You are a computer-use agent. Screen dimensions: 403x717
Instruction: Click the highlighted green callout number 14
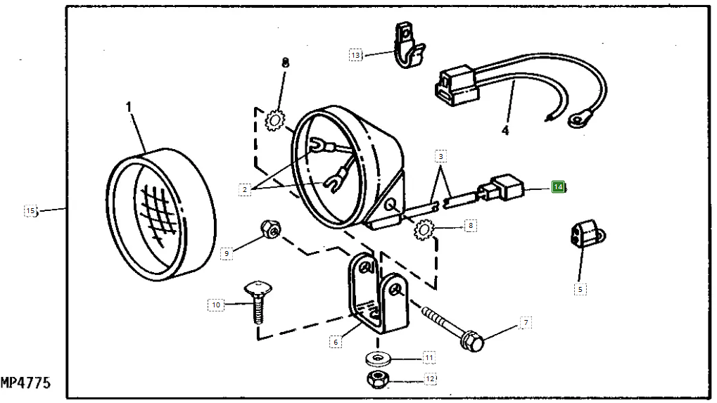pos(558,187)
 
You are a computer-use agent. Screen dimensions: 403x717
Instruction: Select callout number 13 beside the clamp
pos(356,54)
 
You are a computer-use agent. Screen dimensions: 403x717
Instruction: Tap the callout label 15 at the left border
pos(30,210)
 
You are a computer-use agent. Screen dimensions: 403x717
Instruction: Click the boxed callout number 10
pos(215,305)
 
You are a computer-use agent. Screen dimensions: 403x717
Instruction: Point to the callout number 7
pos(525,323)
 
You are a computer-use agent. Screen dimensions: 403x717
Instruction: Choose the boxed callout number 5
pos(580,288)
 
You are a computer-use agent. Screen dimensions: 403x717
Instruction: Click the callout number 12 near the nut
pos(430,380)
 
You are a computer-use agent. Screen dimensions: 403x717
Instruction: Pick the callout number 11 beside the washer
pos(429,357)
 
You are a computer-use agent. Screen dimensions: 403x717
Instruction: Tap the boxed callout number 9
pos(226,254)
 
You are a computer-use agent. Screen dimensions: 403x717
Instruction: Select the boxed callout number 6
pos(336,341)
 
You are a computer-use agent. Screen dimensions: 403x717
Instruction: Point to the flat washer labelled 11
pos(379,359)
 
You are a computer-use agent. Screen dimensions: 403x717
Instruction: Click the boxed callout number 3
pos(441,155)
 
